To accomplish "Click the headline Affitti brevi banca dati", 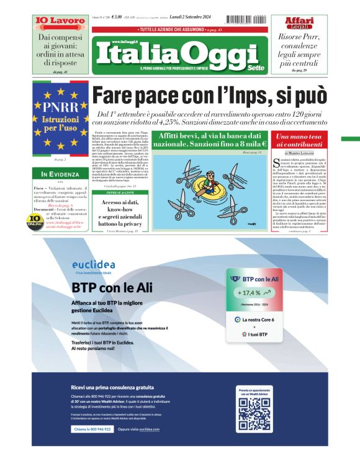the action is click(x=209, y=140).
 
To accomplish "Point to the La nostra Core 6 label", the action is click(x=258, y=319).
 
